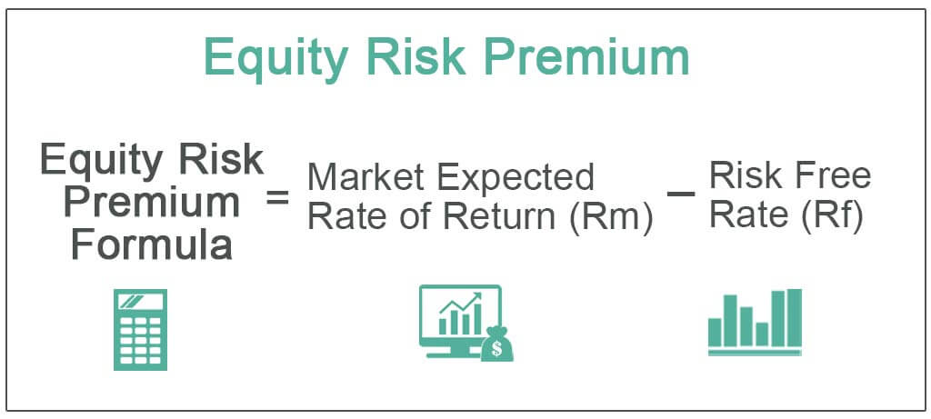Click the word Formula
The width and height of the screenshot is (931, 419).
[x=152, y=245]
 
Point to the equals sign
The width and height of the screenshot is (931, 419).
[x=277, y=197]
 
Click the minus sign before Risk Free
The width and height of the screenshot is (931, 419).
[x=680, y=195]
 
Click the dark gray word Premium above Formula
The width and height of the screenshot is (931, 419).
[x=152, y=203]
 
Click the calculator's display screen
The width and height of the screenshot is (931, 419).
[x=140, y=302]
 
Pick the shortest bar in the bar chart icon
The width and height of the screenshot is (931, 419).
[x=762, y=334]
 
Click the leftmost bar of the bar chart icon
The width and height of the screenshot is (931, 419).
[x=715, y=333]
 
